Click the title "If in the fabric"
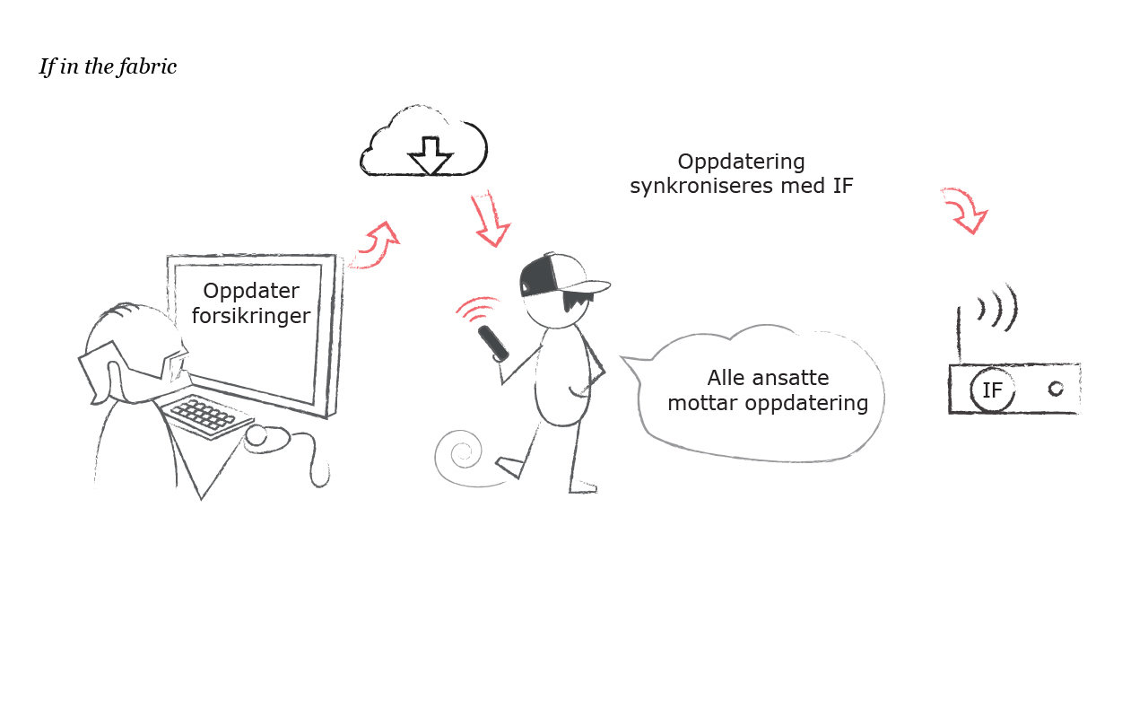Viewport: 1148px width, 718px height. tap(108, 67)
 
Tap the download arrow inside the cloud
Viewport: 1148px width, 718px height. tap(430, 155)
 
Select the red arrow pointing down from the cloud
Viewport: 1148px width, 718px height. tap(489, 219)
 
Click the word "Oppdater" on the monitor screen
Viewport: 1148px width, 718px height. tap(251, 292)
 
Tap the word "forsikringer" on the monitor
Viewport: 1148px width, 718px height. tap(251, 316)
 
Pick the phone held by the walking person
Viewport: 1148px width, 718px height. tap(493, 343)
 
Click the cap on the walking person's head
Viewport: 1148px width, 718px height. tap(556, 274)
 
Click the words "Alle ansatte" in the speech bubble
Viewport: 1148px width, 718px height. tap(768, 378)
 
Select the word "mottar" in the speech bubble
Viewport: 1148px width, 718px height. tap(700, 403)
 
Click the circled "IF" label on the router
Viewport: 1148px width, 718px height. tap(993, 390)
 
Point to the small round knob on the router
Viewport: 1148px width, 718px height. tap(1056, 389)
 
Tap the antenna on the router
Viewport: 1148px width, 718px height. tap(959, 337)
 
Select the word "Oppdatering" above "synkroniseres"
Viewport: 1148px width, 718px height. tap(741, 162)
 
